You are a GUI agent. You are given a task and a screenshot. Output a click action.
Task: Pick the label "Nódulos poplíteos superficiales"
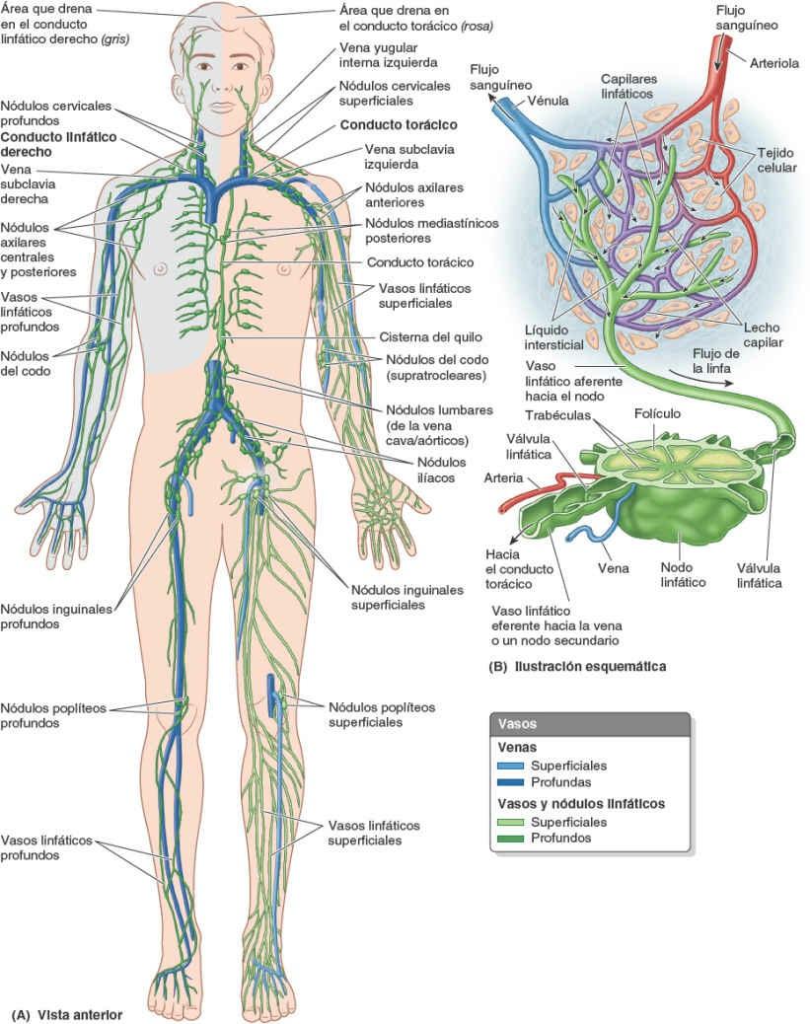coord(381,714)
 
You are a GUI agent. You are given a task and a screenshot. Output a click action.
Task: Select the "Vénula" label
coord(548,101)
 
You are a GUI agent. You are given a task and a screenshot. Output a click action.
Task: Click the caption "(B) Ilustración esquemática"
coord(577,666)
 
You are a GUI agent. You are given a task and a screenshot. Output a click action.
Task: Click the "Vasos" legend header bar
coord(589,723)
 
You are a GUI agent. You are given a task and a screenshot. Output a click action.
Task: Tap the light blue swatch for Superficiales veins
coord(512,766)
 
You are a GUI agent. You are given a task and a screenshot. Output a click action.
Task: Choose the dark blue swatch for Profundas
coord(512,782)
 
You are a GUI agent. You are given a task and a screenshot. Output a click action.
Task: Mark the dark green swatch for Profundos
coord(512,839)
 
